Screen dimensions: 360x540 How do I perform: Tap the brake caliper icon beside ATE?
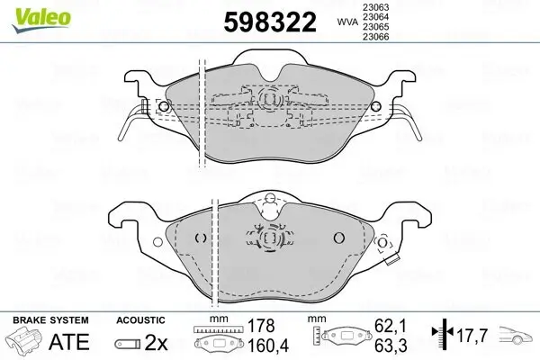click(x=25, y=342)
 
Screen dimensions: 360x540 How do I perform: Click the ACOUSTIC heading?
click(x=140, y=319)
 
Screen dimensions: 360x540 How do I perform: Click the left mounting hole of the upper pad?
click(x=163, y=106)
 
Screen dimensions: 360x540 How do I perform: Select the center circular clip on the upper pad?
click(x=267, y=102)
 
